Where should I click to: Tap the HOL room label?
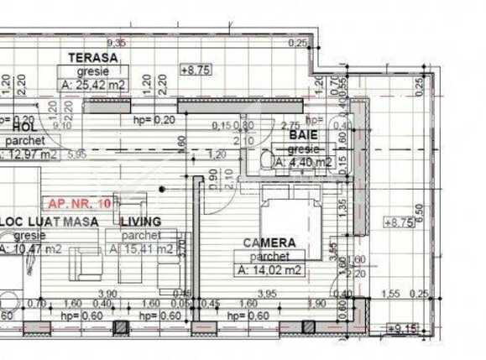tap(24, 126)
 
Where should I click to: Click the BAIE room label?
tap(303, 134)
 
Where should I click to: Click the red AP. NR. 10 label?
tap(80, 203)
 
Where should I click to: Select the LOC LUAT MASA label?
tap(50, 222)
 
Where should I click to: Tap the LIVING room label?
tap(140, 222)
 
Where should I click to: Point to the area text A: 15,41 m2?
tap(143, 249)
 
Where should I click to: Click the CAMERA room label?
tap(269, 243)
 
